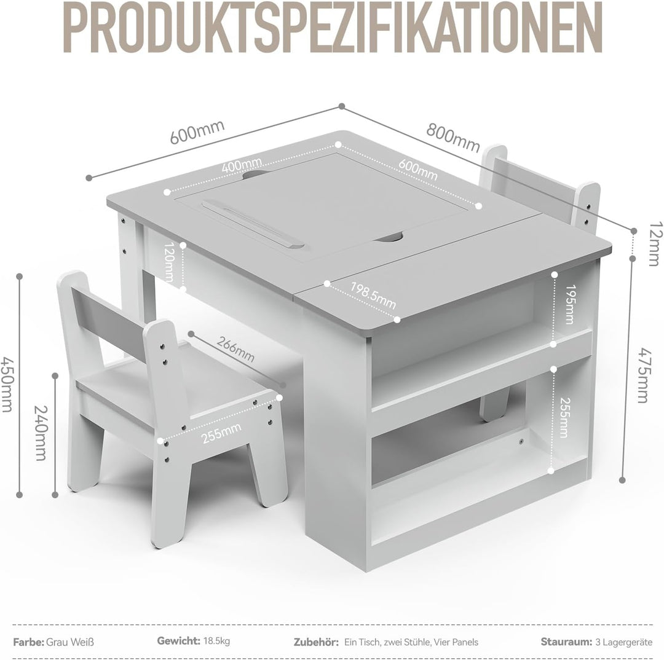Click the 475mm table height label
point(644,375)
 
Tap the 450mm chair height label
point(7,384)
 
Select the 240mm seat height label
point(41,433)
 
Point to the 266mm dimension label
point(235,349)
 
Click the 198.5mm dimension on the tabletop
point(373,295)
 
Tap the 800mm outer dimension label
point(453,137)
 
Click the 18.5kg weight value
point(216,640)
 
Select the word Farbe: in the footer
point(28,642)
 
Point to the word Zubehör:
point(316,642)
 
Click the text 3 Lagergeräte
point(624,642)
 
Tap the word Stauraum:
point(566,642)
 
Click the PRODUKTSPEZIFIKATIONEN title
point(333,28)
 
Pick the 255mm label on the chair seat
point(221,433)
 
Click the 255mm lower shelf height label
point(564,417)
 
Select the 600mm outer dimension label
point(197,132)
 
